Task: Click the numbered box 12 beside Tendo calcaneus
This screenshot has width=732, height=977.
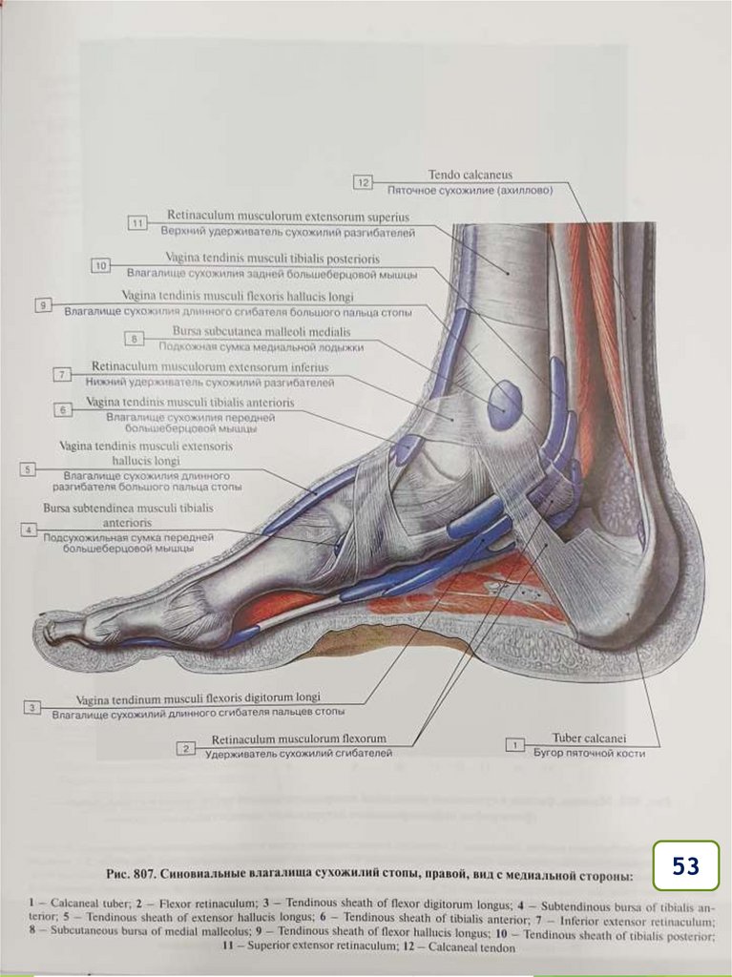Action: click(362, 181)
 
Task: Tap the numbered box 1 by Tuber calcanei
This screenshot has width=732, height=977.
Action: click(515, 743)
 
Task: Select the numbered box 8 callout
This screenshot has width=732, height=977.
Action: click(136, 339)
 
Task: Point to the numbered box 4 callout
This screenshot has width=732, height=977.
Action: click(31, 530)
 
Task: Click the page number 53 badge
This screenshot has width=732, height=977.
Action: click(685, 865)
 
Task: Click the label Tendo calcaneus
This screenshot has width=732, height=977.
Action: click(470, 175)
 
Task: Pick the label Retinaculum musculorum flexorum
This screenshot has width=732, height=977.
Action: click(299, 738)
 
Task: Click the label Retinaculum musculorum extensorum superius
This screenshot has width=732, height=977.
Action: click(287, 216)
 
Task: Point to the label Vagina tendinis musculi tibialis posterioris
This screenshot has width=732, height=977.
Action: click(272, 258)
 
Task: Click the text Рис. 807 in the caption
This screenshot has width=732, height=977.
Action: click(125, 874)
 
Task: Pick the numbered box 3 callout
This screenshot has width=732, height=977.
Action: click(33, 707)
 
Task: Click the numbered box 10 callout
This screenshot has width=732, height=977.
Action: click(102, 264)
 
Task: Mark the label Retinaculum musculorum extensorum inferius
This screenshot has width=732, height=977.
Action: click(210, 366)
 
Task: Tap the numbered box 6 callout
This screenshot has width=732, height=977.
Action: click(62, 409)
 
